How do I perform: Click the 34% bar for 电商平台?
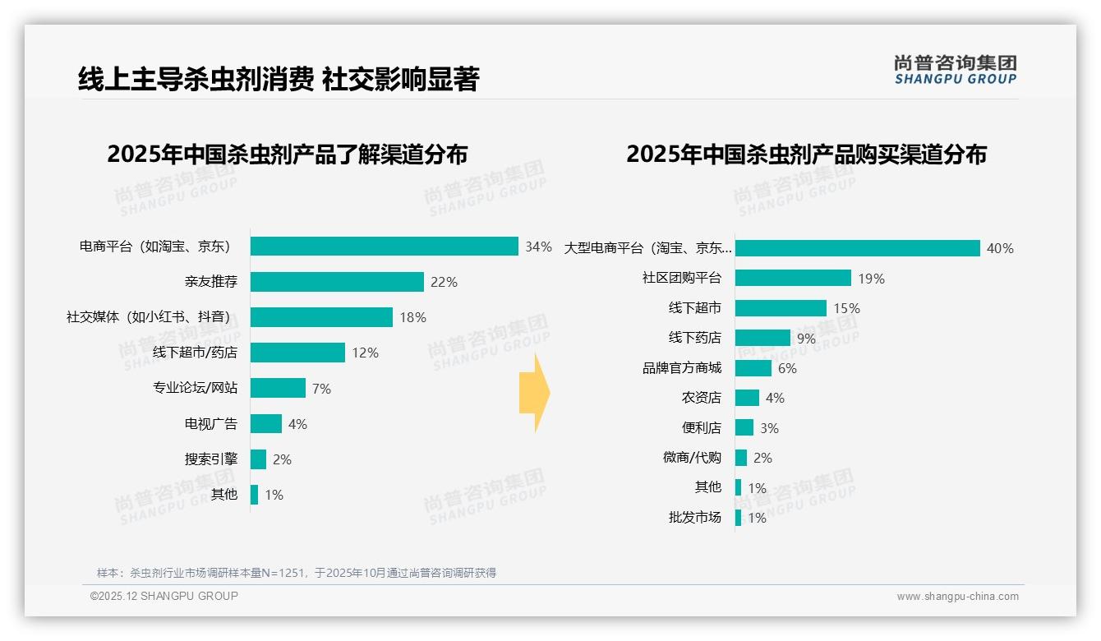click(384, 247)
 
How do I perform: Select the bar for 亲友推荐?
click(337, 282)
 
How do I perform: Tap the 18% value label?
click(412, 317)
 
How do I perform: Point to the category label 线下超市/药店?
click(195, 353)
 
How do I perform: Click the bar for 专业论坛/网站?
click(278, 388)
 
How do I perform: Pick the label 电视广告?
click(211, 424)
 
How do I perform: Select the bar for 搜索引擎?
click(258, 459)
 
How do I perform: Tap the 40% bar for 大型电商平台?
click(857, 248)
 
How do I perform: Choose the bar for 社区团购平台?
click(793, 278)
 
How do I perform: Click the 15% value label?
click(846, 308)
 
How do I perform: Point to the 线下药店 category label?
click(695, 338)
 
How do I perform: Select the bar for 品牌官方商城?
click(753, 368)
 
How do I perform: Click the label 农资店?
click(702, 398)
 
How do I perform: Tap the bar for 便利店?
click(744, 427)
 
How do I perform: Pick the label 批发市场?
click(695, 517)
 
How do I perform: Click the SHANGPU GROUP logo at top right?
click(955, 70)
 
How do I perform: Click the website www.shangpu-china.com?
click(957, 597)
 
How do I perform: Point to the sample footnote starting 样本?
click(297, 573)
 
